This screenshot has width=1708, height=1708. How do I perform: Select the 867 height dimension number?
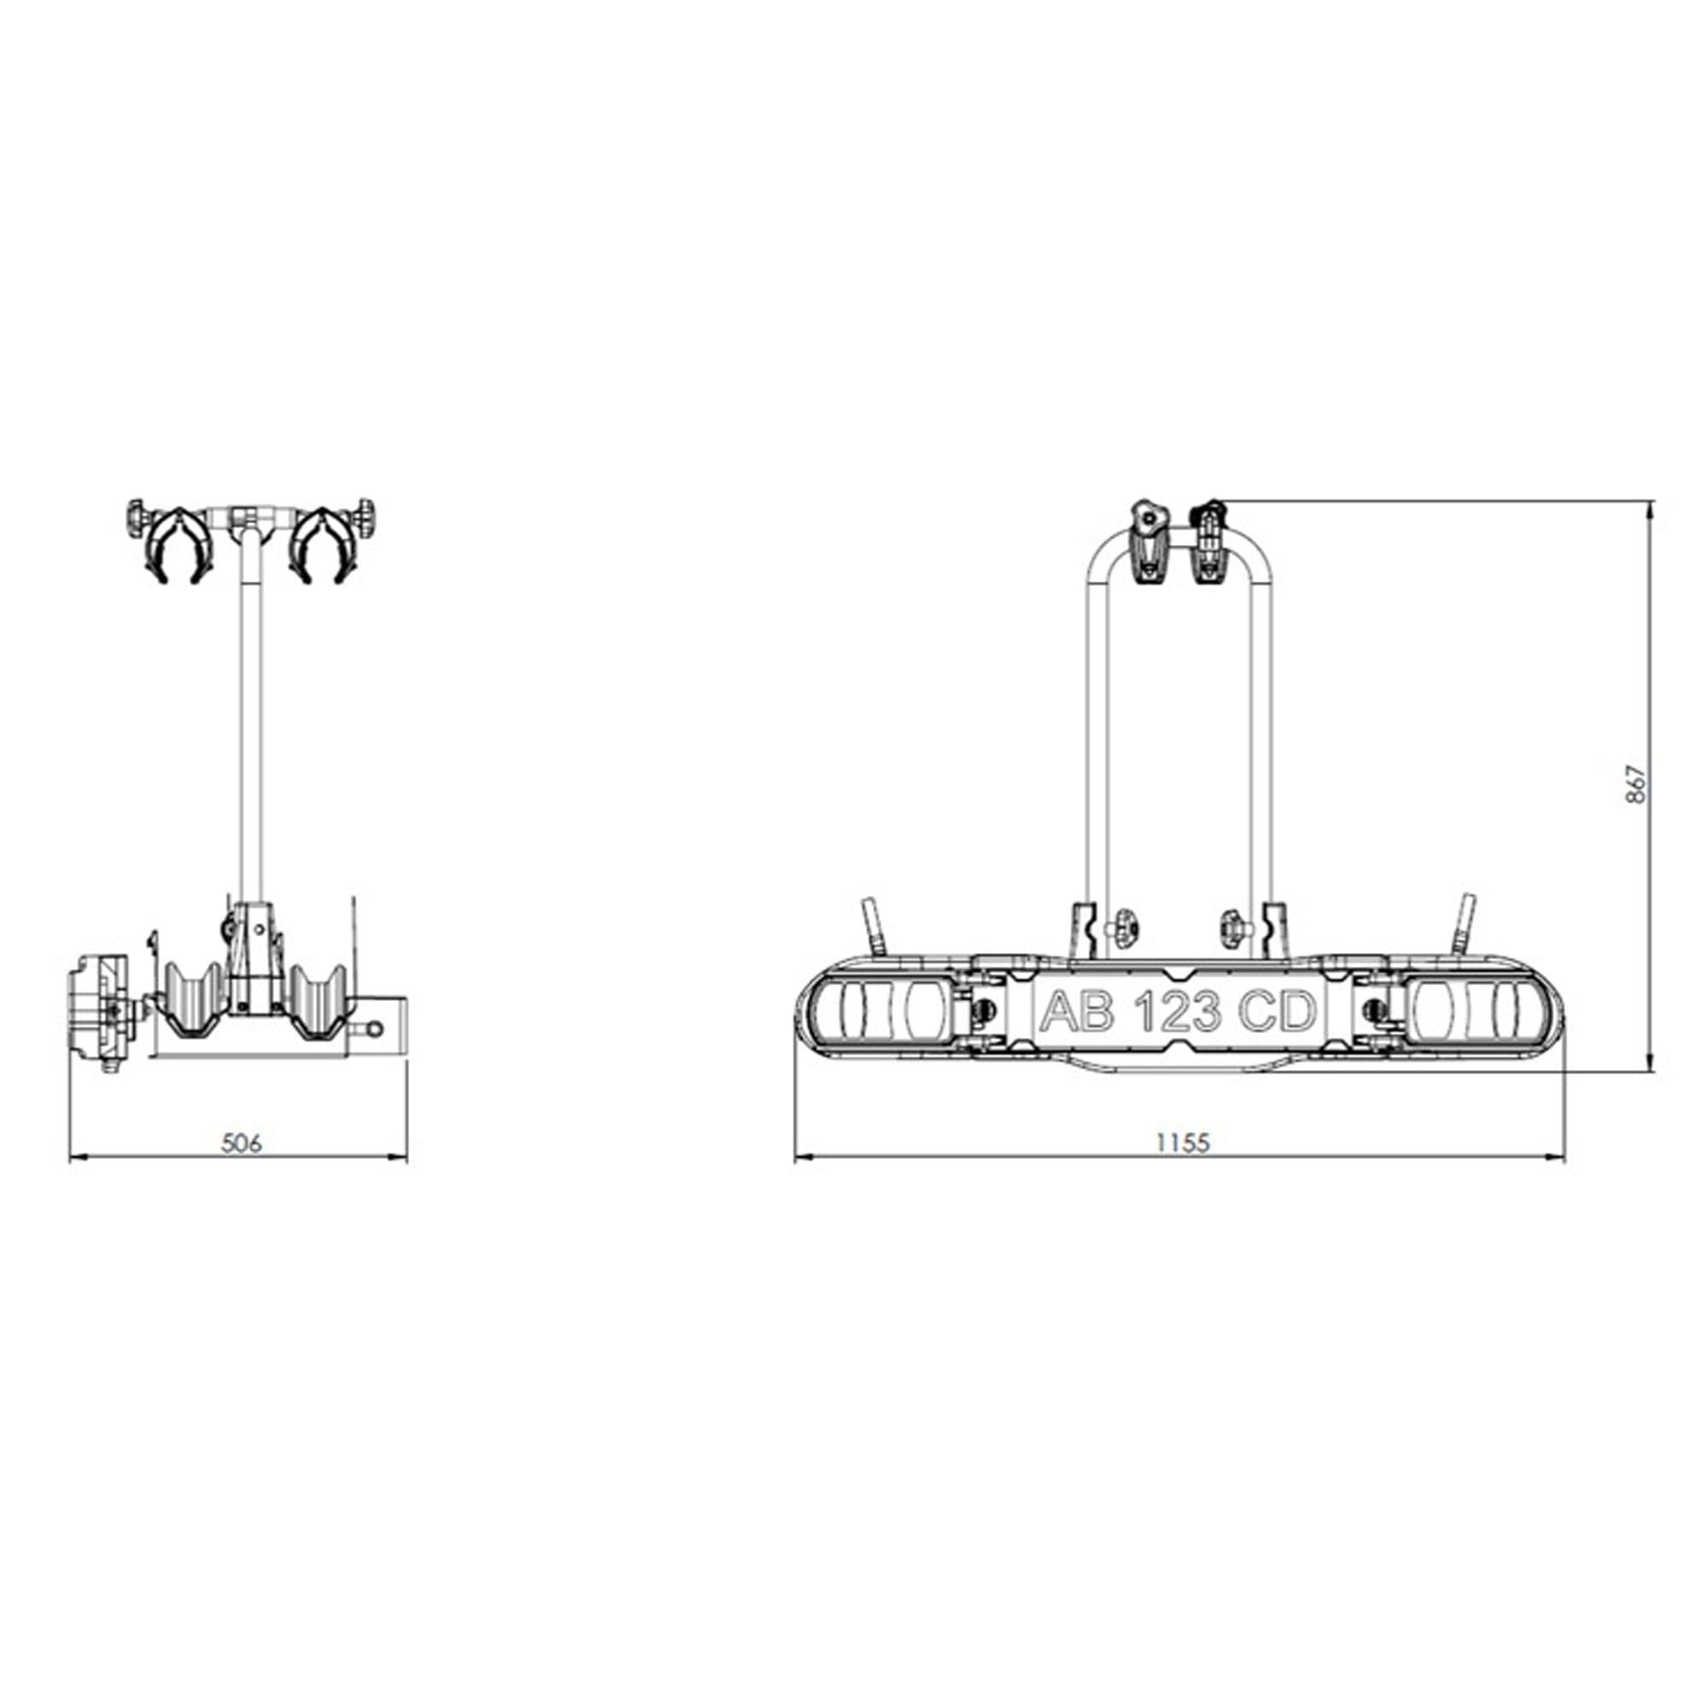pos(1635,784)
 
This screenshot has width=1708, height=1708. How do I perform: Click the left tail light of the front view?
pos(880,1011)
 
